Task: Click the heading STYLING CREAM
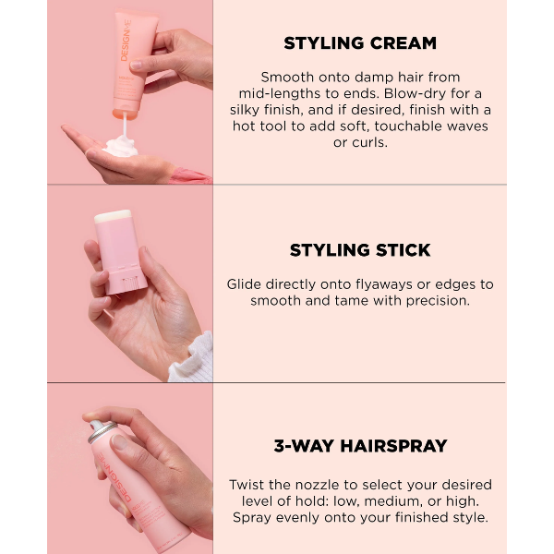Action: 360,43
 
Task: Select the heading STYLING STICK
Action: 360,250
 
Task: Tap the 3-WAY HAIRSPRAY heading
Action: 360,446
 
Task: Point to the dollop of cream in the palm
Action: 121,147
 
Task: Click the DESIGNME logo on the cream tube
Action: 126,41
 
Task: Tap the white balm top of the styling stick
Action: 113,216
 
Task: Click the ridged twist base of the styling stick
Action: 129,284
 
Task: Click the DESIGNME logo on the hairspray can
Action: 114,476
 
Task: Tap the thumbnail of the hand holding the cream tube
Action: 136,65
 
